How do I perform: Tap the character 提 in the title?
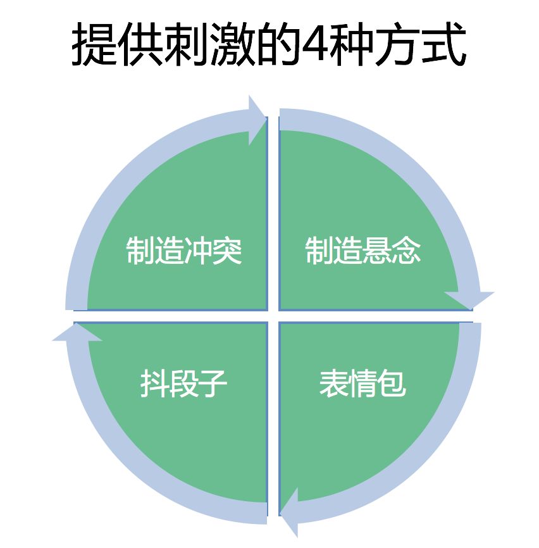point(94,44)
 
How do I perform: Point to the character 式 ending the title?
point(444,44)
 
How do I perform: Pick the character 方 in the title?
point(397,44)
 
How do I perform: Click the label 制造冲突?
point(183,251)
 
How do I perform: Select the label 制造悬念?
point(362,251)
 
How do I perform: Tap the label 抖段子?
point(183,383)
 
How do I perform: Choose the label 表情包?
point(362,383)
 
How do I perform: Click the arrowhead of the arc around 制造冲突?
point(257,120)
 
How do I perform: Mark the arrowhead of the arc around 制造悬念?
point(469,300)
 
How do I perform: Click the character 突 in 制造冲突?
point(227,251)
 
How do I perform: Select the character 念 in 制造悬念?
point(406,251)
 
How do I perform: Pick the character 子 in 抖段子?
point(213,383)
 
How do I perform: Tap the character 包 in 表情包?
point(392,383)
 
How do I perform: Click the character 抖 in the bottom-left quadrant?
point(155,383)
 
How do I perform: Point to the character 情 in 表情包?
point(362,383)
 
